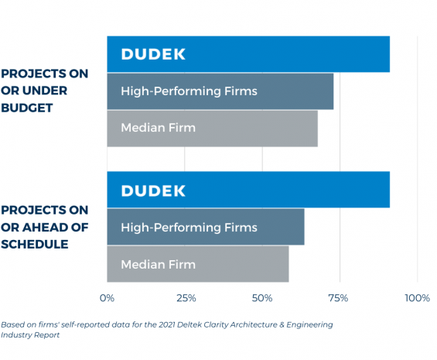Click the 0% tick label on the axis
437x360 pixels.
[107, 298]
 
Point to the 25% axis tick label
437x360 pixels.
[186, 298]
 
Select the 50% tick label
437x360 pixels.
[262, 298]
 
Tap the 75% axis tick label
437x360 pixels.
[338, 298]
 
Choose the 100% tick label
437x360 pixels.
[417, 298]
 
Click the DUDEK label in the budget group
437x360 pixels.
[153, 54]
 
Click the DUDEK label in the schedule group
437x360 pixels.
[153, 191]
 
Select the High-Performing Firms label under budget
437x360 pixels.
[189, 91]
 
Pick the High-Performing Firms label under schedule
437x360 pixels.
[189, 228]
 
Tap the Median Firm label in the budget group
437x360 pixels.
[159, 128]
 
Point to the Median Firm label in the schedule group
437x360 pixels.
[159, 265]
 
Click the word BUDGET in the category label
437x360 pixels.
[27, 108]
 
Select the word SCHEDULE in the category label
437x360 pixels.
[35, 244]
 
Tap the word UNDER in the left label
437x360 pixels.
[45, 91]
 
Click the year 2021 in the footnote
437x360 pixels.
[166, 324]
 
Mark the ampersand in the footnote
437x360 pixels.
[282, 324]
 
